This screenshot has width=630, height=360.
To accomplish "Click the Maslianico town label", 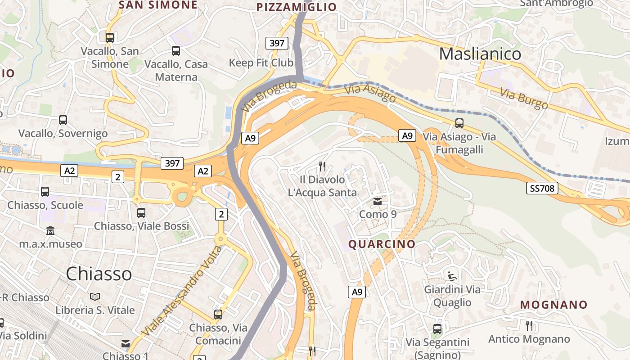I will pos(480,54).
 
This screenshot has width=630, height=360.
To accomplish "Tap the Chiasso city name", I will pos(99,274).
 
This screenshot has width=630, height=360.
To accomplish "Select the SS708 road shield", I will pos(542,188).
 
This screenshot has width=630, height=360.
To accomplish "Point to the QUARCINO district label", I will pos(382,244).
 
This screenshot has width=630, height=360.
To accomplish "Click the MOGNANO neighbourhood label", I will pos(553,305).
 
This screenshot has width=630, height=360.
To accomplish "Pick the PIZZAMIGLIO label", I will pos(296,7).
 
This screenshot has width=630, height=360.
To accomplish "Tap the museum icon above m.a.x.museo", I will pos(50,231).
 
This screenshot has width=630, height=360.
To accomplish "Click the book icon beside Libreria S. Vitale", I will pos(95,297).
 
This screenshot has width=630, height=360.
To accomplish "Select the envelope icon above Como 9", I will pos(378,202).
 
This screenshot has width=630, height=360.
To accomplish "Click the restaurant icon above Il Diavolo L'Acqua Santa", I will pos(322,166).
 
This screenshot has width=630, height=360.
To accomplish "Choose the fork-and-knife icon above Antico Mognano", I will pos(529,325).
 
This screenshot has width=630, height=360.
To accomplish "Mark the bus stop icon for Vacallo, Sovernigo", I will pos(63,120).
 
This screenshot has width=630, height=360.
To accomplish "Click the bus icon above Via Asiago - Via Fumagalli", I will pos(459,123).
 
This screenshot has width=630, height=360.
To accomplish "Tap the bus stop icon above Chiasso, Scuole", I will pos(45,192).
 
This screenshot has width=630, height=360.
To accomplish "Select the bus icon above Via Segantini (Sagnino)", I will pos(437,329).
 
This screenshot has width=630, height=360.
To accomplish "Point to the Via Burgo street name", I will pos(524,99).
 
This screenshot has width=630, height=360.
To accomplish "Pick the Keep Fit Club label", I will pos(261,63).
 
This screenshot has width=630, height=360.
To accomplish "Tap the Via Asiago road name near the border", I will pos(370,93).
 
